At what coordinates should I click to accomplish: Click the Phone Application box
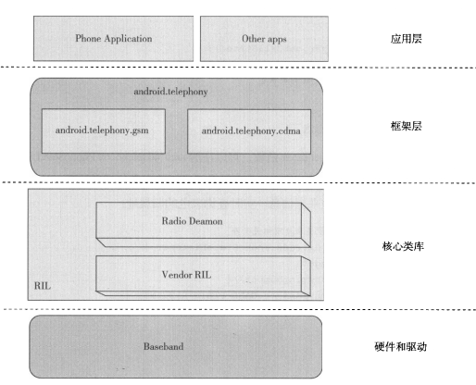point(113,39)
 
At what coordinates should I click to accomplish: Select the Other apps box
point(264,39)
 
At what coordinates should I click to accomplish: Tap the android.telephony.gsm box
point(104,130)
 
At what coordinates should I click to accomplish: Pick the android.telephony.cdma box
point(249,131)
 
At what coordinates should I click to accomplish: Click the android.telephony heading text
point(170,92)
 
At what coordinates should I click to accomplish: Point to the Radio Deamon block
point(203,225)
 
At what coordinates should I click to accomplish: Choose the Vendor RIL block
point(203,276)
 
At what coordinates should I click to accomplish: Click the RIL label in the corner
point(43,286)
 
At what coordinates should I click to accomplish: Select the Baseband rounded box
point(176,346)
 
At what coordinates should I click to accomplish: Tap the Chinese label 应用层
point(406,39)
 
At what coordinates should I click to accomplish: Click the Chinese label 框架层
point(406,126)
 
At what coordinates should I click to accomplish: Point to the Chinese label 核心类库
point(403,246)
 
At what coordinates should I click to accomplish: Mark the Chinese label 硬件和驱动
point(401,347)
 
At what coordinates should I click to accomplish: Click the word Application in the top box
point(128,39)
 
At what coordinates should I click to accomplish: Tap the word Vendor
point(176,275)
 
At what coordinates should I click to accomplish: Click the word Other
point(253,39)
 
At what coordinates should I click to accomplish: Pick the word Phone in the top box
point(88,38)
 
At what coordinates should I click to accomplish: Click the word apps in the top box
point(277,40)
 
